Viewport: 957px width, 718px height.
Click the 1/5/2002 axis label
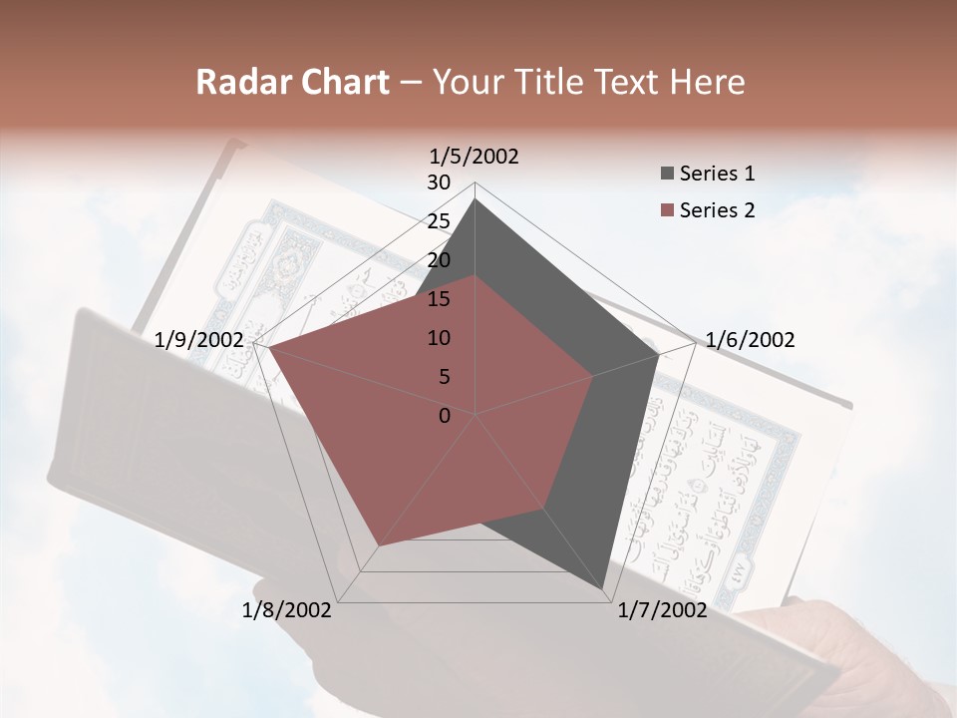pyautogui.click(x=475, y=156)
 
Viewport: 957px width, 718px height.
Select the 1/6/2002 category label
pyautogui.click(x=750, y=340)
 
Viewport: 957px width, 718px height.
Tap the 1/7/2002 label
pyautogui.click(x=662, y=610)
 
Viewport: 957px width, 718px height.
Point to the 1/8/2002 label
pyautogui.click(x=287, y=610)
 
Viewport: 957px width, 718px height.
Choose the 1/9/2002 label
pyautogui.click(x=199, y=340)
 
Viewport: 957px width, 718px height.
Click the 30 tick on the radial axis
pyautogui.click(x=439, y=182)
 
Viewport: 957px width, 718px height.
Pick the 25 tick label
pyautogui.click(x=439, y=221)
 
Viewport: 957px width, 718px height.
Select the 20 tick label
pyautogui.click(x=439, y=260)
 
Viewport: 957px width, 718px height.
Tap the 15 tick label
pyautogui.click(x=439, y=299)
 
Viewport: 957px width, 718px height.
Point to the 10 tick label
pyautogui.click(x=439, y=338)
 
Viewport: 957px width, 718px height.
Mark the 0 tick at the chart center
pyautogui.click(x=445, y=416)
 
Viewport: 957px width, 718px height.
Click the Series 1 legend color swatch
pyautogui.click(x=667, y=174)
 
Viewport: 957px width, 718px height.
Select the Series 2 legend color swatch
pyautogui.click(x=667, y=210)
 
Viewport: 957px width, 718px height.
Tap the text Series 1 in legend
pyautogui.click(x=717, y=174)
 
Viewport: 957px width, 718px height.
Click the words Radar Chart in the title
pyautogui.click(x=292, y=82)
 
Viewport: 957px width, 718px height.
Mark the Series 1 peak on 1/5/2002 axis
pyautogui.click(x=476, y=198)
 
